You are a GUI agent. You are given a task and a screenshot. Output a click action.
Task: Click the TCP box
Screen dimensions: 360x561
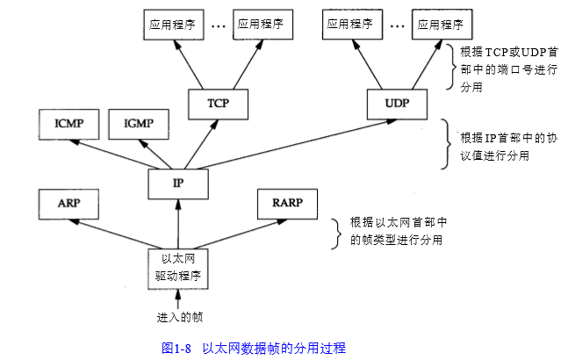click(x=218, y=103)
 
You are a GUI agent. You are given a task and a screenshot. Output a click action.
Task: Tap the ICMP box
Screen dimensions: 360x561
click(x=68, y=124)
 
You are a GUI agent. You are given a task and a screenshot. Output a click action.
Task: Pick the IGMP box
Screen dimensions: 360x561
click(x=138, y=124)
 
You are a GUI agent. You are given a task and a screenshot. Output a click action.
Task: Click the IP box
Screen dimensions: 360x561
click(x=178, y=183)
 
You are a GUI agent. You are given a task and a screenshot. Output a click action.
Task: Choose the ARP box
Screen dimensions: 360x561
click(x=68, y=203)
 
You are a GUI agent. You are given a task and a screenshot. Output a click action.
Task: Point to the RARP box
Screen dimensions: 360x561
click(x=285, y=204)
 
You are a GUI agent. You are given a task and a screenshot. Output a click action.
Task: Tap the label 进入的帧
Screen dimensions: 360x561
click(x=179, y=316)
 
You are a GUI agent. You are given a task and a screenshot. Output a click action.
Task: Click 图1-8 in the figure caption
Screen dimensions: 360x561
click(x=176, y=348)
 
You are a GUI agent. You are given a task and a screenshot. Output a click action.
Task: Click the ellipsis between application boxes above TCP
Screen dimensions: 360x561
click(x=218, y=25)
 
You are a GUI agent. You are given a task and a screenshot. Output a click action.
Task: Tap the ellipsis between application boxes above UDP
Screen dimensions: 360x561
click(x=397, y=25)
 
